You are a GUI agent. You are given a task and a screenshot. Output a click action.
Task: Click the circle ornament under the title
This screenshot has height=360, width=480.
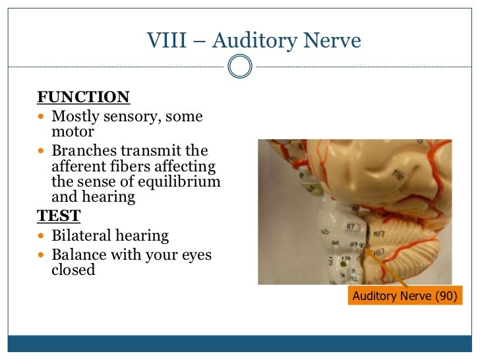point(239,67)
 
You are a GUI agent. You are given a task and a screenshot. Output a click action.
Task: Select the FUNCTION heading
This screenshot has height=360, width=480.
point(83,98)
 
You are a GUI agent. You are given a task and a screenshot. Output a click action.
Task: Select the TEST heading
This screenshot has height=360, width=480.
point(59,216)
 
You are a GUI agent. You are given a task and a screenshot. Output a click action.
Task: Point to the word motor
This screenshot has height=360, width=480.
point(73,132)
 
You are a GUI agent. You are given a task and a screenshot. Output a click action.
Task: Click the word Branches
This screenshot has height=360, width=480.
point(83,151)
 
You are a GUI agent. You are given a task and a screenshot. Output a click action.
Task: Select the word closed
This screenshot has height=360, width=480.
point(73,270)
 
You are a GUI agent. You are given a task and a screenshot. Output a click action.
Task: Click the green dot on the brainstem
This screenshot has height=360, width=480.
point(343,263)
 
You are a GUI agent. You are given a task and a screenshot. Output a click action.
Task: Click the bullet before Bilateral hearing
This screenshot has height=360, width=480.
point(42,236)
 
